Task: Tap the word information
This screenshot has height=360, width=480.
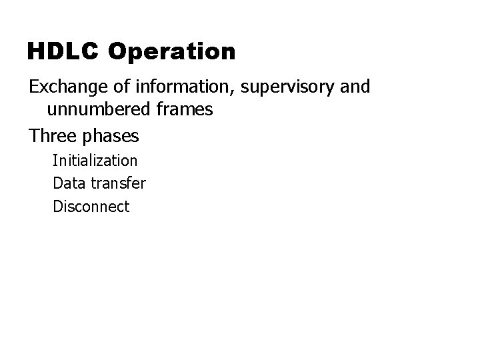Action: click(x=168, y=87)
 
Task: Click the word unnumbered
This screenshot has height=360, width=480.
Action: click(x=98, y=111)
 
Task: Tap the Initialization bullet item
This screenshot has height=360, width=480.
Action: click(x=95, y=161)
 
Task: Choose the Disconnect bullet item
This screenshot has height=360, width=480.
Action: click(x=91, y=207)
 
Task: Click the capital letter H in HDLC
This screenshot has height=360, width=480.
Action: click(x=35, y=51)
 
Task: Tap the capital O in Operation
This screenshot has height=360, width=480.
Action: click(x=116, y=51)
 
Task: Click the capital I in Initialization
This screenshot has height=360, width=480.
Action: click(x=55, y=161)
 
